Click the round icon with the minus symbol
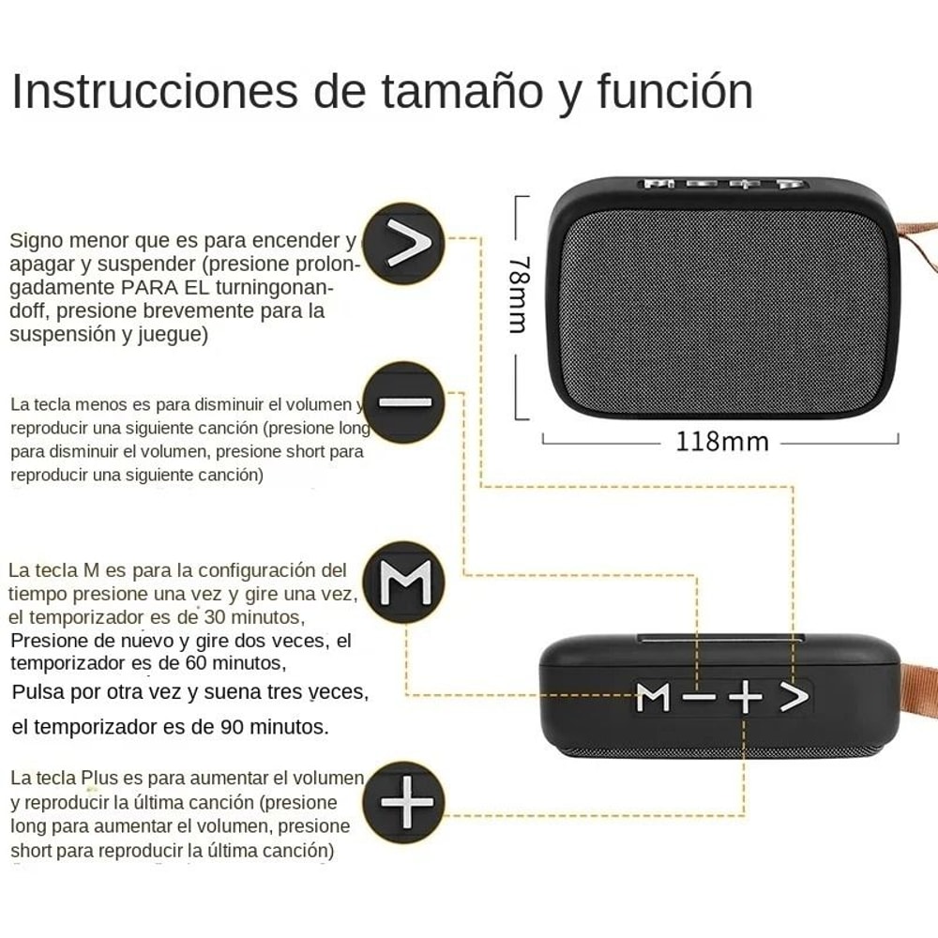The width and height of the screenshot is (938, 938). pos(403,402)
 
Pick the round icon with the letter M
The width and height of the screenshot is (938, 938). pos(403,582)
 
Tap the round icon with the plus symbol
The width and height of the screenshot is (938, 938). pos(404,802)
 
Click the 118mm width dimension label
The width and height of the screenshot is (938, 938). pos(721,441)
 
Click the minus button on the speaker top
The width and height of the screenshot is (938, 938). pos(699,697)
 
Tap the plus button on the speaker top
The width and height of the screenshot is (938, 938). pos(745,697)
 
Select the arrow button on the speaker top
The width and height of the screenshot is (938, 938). pos(794,696)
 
